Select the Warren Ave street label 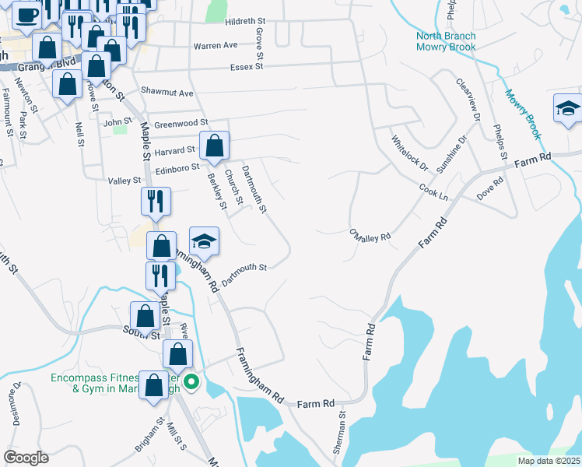tap(216, 46)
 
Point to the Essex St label tap(247, 67)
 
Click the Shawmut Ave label tap(167, 93)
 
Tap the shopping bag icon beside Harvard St tap(214, 144)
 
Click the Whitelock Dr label tap(409, 153)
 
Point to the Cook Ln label tap(433, 191)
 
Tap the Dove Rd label tap(491, 189)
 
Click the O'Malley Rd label tap(370, 235)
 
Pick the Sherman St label tap(341, 438)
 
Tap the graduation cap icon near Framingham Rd tap(204, 241)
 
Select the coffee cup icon tap(26, 14)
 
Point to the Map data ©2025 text tap(548, 461)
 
